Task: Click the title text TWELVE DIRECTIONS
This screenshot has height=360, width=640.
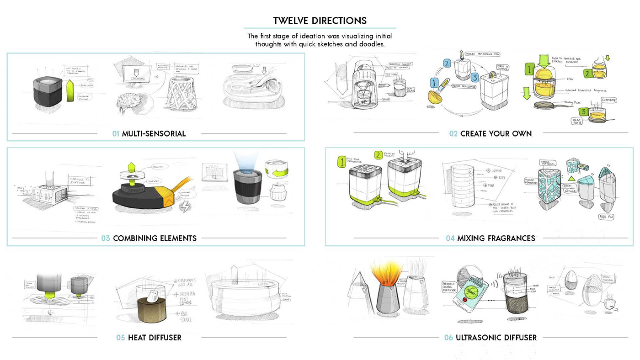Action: (320, 21)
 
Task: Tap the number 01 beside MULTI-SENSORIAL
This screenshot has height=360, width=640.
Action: (116, 134)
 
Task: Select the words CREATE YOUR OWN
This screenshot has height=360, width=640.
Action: (496, 134)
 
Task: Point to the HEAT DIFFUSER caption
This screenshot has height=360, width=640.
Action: (155, 338)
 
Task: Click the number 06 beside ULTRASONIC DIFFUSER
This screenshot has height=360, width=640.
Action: (448, 338)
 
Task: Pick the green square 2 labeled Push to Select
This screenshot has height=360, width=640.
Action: (377, 155)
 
